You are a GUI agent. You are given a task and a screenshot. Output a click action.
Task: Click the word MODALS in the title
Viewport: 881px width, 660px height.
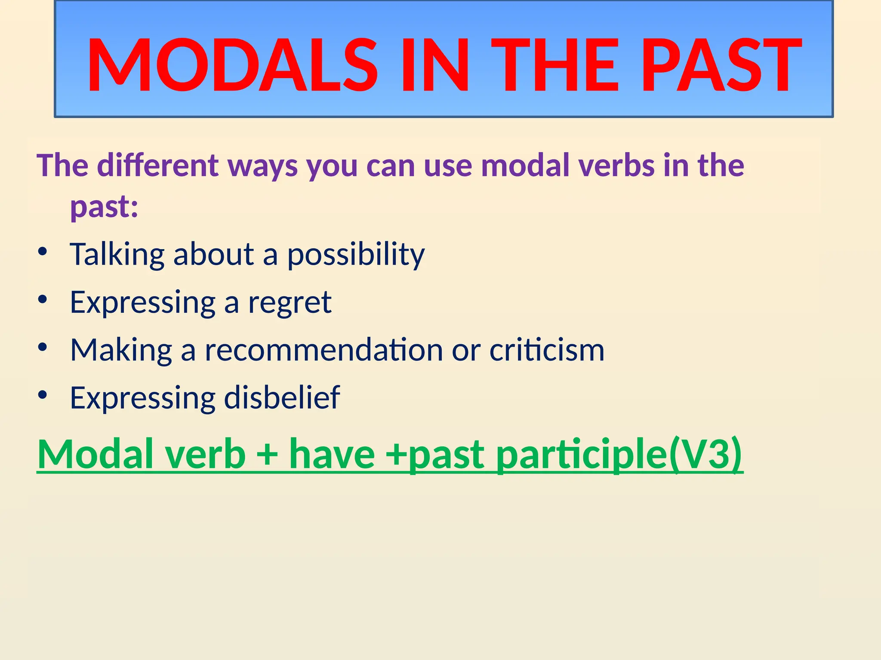(232, 65)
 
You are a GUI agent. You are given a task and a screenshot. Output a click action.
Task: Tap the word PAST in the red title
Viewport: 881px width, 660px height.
(721, 65)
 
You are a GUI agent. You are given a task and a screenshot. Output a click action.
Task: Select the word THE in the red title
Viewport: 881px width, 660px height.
(559, 65)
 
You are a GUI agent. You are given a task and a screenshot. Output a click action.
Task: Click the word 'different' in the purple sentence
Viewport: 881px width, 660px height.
(158, 165)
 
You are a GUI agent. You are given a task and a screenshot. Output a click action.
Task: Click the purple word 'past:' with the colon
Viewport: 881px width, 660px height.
(105, 207)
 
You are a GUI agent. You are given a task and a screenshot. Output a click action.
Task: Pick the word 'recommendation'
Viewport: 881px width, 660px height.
(323, 350)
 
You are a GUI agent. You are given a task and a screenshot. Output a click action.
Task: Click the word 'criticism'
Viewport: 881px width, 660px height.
(547, 350)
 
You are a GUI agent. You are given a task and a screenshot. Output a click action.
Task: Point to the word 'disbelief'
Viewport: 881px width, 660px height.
(282, 397)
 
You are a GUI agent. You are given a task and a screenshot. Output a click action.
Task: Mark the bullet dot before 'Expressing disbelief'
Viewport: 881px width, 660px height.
(42, 394)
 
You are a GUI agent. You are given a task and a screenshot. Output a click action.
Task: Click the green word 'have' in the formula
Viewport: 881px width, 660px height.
(332, 455)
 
